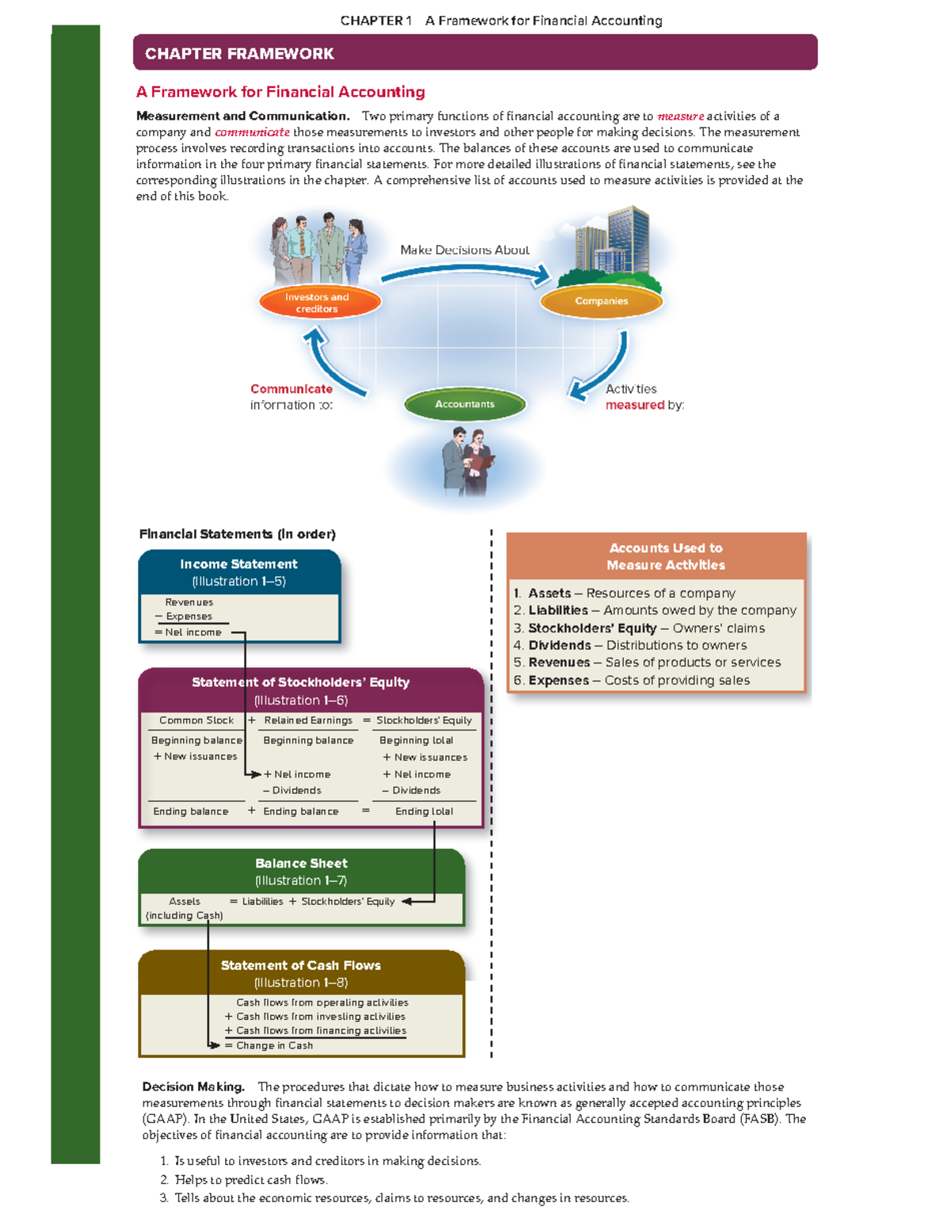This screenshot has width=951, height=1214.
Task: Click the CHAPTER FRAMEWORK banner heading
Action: pos(239,54)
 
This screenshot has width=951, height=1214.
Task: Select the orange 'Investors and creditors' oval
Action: pos(319,303)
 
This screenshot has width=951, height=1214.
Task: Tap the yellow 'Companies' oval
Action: pos(602,301)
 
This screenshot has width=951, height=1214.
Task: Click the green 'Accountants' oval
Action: pos(464,404)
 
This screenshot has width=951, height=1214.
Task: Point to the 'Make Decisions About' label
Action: pos(464,250)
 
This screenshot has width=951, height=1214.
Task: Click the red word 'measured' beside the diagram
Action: pos(635,405)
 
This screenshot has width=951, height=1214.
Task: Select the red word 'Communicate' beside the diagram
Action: pos(291,389)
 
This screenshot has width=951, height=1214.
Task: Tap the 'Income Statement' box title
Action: pos(239,564)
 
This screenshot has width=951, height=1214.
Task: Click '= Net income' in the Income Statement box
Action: pos(189,632)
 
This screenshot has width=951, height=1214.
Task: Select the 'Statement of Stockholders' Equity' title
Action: pos(300,682)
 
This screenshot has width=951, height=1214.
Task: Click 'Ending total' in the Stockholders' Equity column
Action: pos(424,811)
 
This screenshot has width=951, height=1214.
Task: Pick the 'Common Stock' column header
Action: pos(196,720)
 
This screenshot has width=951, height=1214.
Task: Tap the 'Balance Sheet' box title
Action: pos(301,864)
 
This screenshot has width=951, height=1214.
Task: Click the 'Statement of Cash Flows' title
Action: pos(300,965)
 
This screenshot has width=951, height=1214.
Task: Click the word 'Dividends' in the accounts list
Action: pos(560,645)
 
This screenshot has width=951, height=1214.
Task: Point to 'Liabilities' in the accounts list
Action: pos(558,610)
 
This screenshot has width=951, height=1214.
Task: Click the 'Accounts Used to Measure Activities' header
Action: pos(666,556)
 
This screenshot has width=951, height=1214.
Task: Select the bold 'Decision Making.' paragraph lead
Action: pos(193,1087)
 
